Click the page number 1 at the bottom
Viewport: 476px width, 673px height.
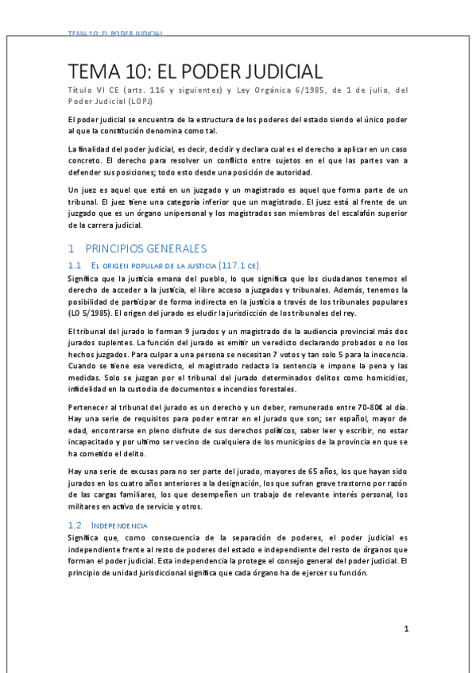click(405, 629)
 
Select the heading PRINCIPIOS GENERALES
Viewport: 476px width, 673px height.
click(144, 248)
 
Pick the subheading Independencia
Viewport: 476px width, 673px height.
click(119, 525)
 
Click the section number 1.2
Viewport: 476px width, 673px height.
click(75, 525)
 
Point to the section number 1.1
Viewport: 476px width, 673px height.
click(75, 265)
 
